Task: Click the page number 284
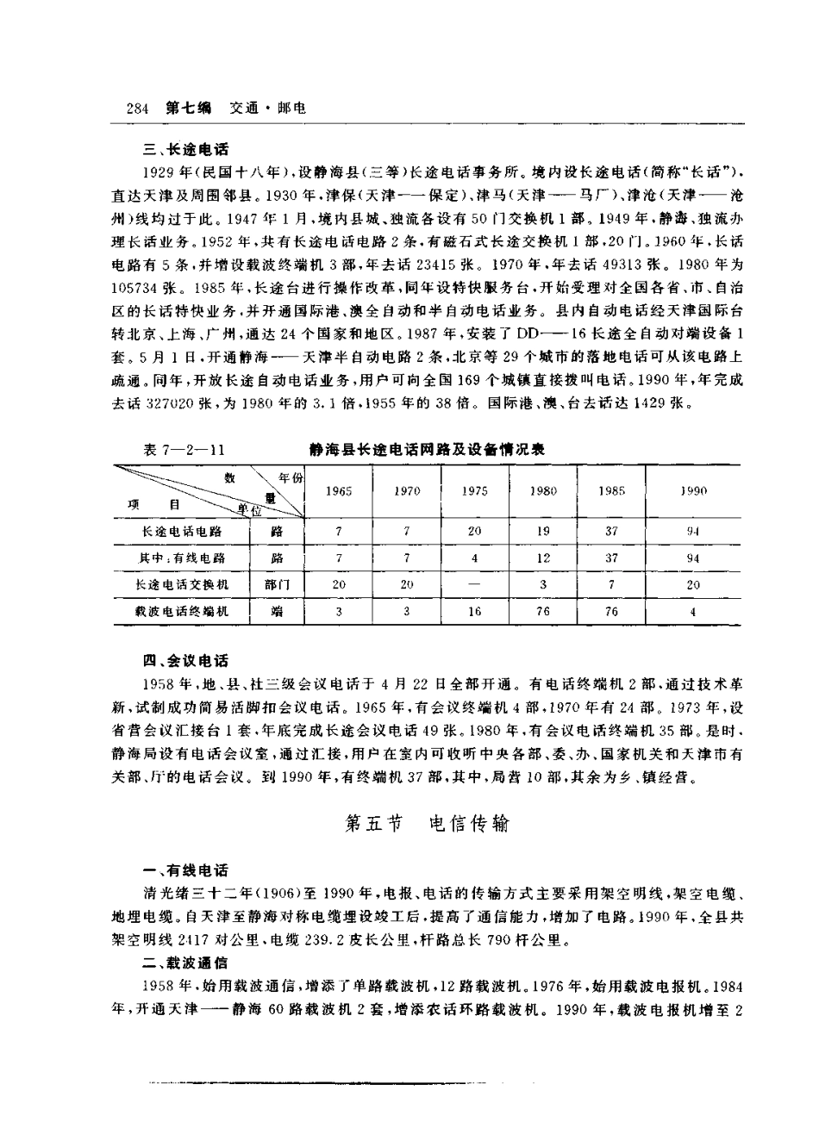tap(138, 109)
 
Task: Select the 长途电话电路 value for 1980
tap(543, 532)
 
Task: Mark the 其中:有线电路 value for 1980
tap(543, 558)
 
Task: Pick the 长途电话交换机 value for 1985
tap(611, 584)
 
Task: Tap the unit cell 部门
tap(277, 584)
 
